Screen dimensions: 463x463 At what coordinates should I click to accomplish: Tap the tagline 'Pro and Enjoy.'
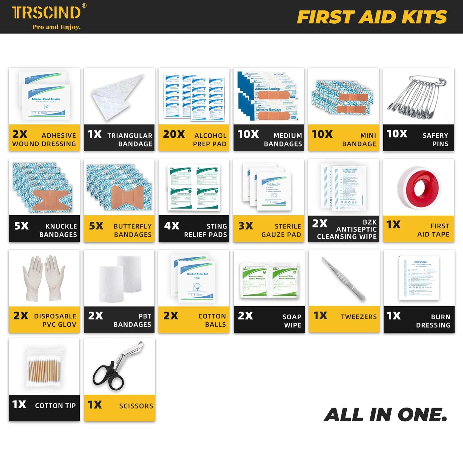pyautogui.click(x=56, y=27)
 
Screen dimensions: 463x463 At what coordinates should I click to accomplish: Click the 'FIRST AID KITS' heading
pyautogui.click(x=372, y=17)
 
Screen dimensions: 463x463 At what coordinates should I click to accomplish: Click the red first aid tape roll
pyautogui.click(x=419, y=189)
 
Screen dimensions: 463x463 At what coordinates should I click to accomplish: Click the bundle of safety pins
pyautogui.click(x=417, y=96)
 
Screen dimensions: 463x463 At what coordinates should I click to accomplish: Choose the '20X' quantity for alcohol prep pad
pyautogui.click(x=174, y=134)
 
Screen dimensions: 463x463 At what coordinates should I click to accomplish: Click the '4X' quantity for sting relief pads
pyautogui.click(x=172, y=226)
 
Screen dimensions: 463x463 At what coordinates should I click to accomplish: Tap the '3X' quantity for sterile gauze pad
pyautogui.click(x=246, y=226)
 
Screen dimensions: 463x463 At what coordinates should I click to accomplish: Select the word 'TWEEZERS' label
pyautogui.click(x=359, y=317)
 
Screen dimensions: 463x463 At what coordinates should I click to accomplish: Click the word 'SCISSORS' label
pyautogui.click(x=136, y=406)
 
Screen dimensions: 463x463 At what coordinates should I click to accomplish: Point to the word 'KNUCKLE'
pyautogui.click(x=61, y=227)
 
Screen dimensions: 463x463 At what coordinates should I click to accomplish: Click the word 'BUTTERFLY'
pyautogui.click(x=133, y=227)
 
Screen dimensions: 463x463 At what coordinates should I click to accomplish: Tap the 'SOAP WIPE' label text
pyautogui.click(x=292, y=321)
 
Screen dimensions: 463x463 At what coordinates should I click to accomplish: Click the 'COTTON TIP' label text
pyautogui.click(x=55, y=406)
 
